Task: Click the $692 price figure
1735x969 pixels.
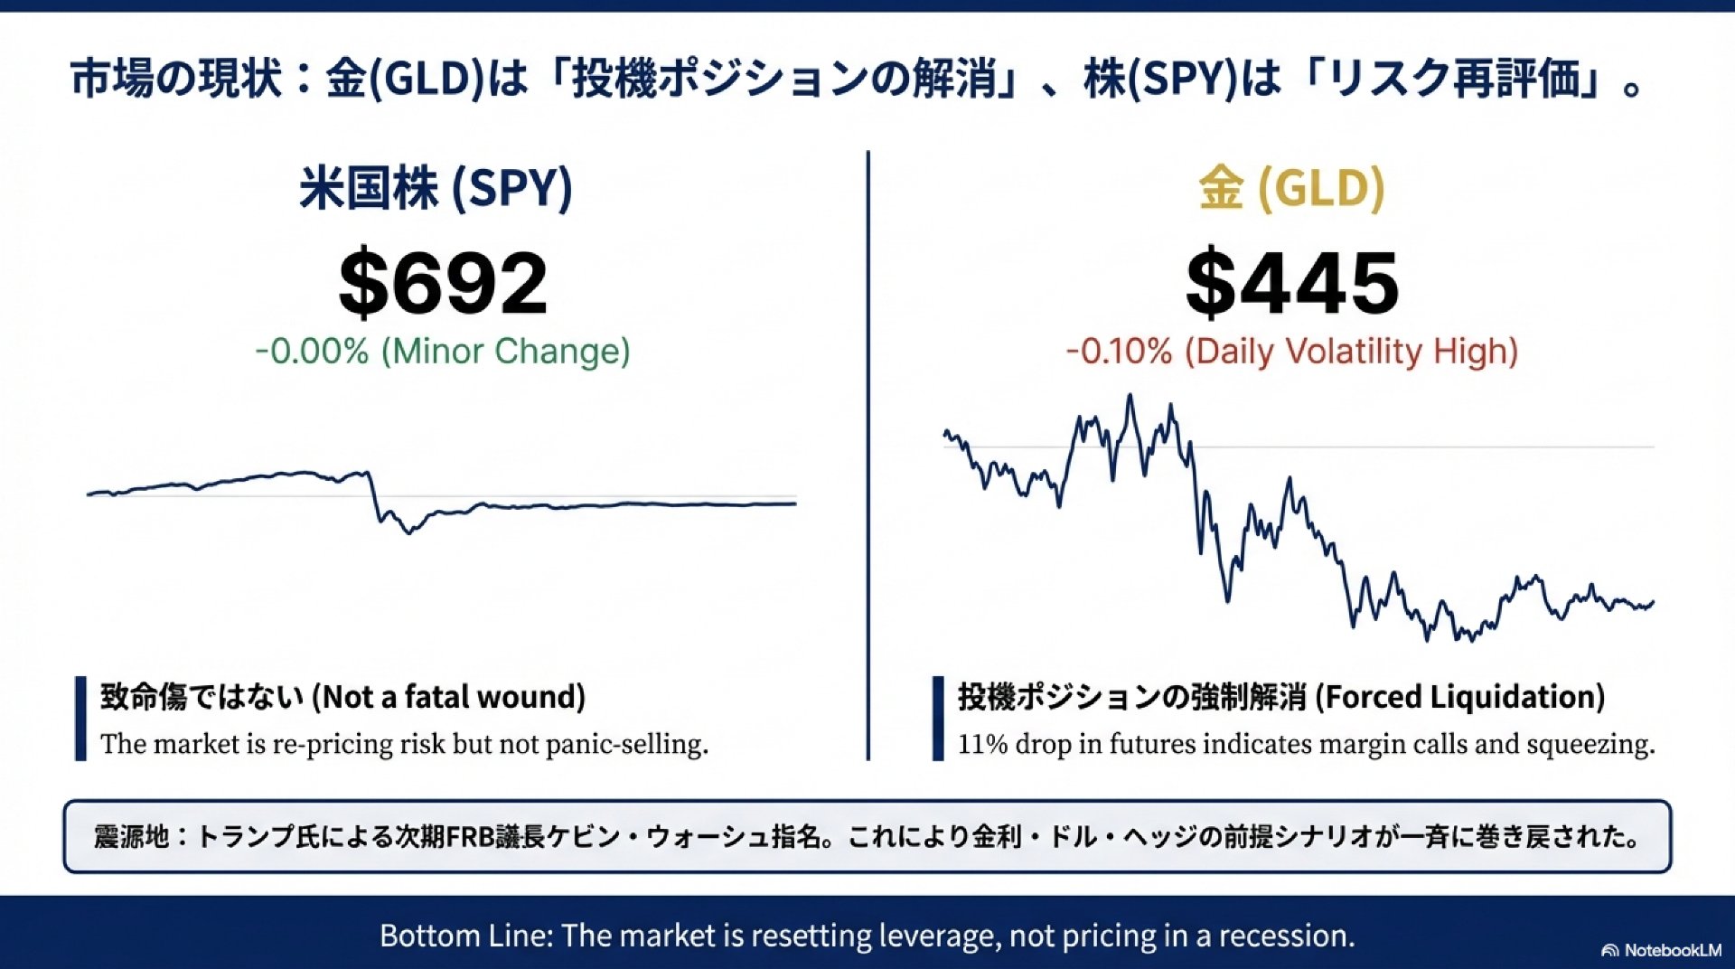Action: point(443,283)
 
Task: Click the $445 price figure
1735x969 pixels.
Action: point(1292,283)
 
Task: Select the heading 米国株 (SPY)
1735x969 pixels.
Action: point(436,188)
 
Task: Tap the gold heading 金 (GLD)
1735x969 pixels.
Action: point(1291,188)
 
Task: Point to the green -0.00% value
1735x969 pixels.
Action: point(312,352)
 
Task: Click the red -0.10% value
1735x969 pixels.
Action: point(1119,352)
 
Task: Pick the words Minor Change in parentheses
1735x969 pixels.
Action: point(505,352)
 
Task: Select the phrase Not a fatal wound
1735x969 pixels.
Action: point(449,697)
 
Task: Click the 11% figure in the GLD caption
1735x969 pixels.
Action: point(982,744)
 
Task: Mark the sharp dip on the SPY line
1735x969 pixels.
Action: point(408,531)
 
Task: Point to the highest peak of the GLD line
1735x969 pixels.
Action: point(1130,397)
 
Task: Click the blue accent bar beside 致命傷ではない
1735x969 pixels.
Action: point(80,719)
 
